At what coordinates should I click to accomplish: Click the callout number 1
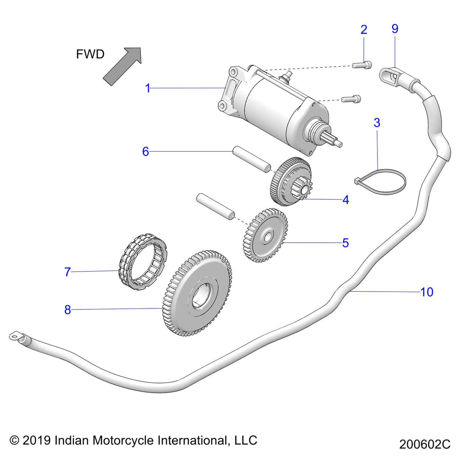tap(148, 88)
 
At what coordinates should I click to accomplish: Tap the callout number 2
tap(364, 30)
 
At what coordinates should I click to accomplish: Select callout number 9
tap(395, 29)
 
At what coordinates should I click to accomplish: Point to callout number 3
tap(377, 123)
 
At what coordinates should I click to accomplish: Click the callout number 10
tap(426, 292)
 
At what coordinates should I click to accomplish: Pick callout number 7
tap(68, 272)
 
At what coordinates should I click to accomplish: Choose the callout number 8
tap(68, 310)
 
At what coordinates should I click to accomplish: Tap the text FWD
tap(90, 54)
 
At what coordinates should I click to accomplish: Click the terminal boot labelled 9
tap(391, 74)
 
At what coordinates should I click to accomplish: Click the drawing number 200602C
tap(425, 444)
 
